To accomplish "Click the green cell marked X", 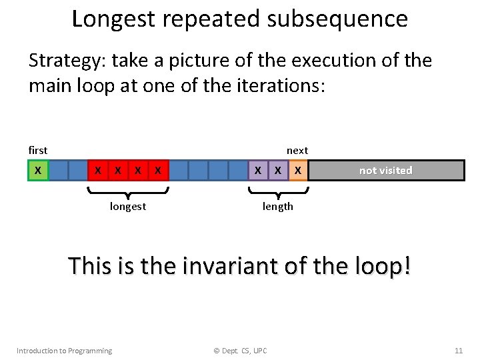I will pyautogui.click(x=38, y=171).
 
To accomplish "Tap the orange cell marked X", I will pyautogui.click(x=298, y=171).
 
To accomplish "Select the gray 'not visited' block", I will pyautogui.click(x=386, y=171).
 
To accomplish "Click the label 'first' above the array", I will pyautogui.click(x=38, y=151).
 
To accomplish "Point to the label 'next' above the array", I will pyautogui.click(x=297, y=151).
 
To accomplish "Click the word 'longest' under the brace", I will pyautogui.click(x=128, y=207).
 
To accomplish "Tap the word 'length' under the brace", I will pyautogui.click(x=277, y=207).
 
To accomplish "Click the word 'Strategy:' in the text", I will pyautogui.click(x=67, y=61).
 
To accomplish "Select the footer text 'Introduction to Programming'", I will pyautogui.click(x=64, y=351).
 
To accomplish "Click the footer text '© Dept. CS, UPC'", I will pyautogui.click(x=239, y=351).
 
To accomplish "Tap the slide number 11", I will pyautogui.click(x=458, y=351).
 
